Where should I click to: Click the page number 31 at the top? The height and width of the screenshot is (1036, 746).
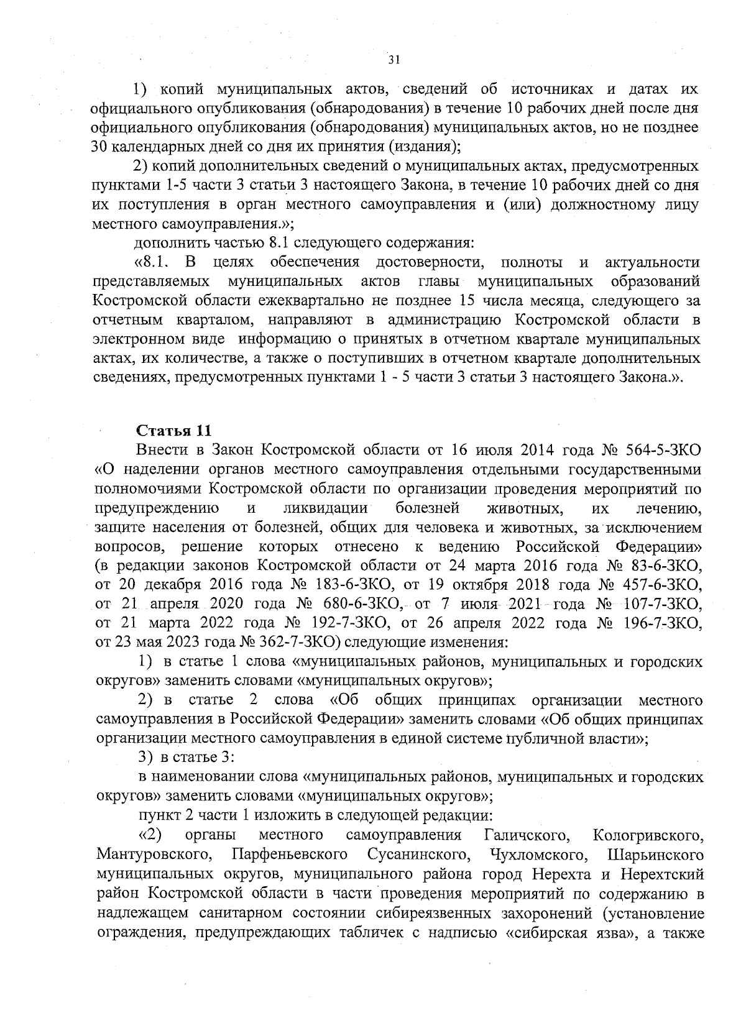(x=394, y=60)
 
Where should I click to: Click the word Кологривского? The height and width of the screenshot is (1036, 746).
(x=648, y=834)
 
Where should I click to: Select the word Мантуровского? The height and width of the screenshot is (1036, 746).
(x=152, y=853)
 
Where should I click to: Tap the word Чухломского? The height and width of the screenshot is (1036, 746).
(x=539, y=853)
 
